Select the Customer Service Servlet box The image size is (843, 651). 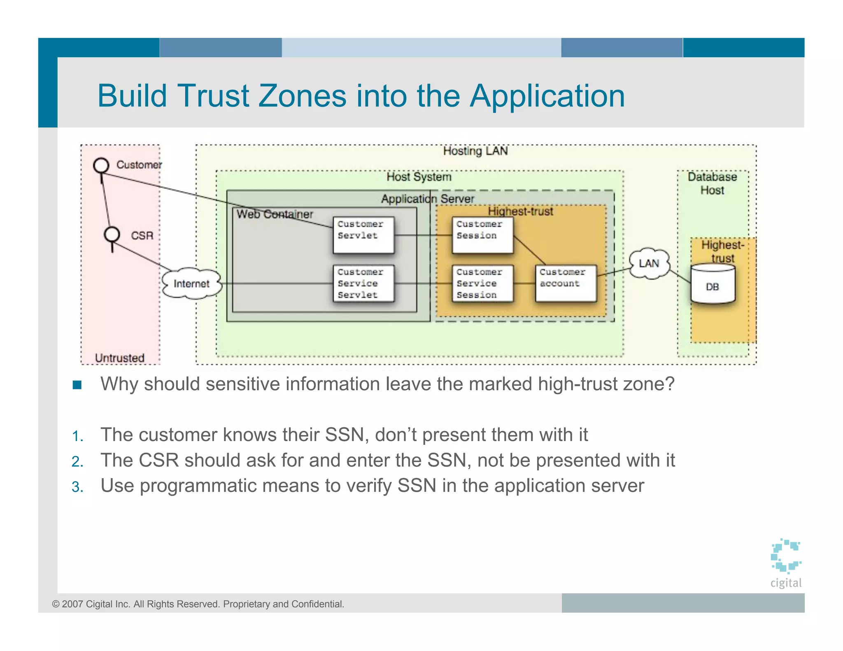click(363, 284)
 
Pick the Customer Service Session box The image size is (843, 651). click(482, 284)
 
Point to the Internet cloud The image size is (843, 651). click(191, 284)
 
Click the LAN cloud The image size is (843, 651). click(649, 263)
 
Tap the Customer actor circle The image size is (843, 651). click(101, 165)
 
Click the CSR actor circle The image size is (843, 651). click(112, 235)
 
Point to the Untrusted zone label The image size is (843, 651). click(120, 358)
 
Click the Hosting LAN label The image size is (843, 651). click(475, 151)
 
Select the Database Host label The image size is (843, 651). click(713, 184)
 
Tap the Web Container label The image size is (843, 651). click(275, 214)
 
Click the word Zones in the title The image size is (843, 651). click(302, 96)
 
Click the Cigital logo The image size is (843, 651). click(786, 562)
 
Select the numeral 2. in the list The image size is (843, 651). click(77, 462)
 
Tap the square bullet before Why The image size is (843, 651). click(77, 385)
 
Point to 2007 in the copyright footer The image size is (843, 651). click(72, 604)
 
